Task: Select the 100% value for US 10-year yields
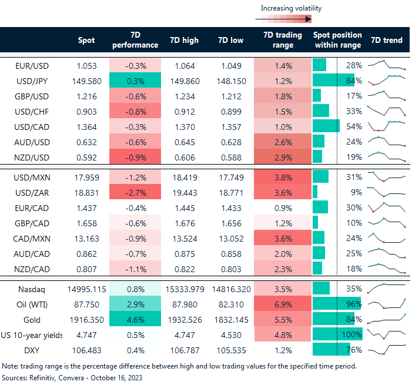tap(352, 334)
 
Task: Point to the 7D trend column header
tap(387, 41)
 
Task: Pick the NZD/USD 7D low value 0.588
tap(230, 156)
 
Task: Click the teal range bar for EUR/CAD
tap(320, 207)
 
